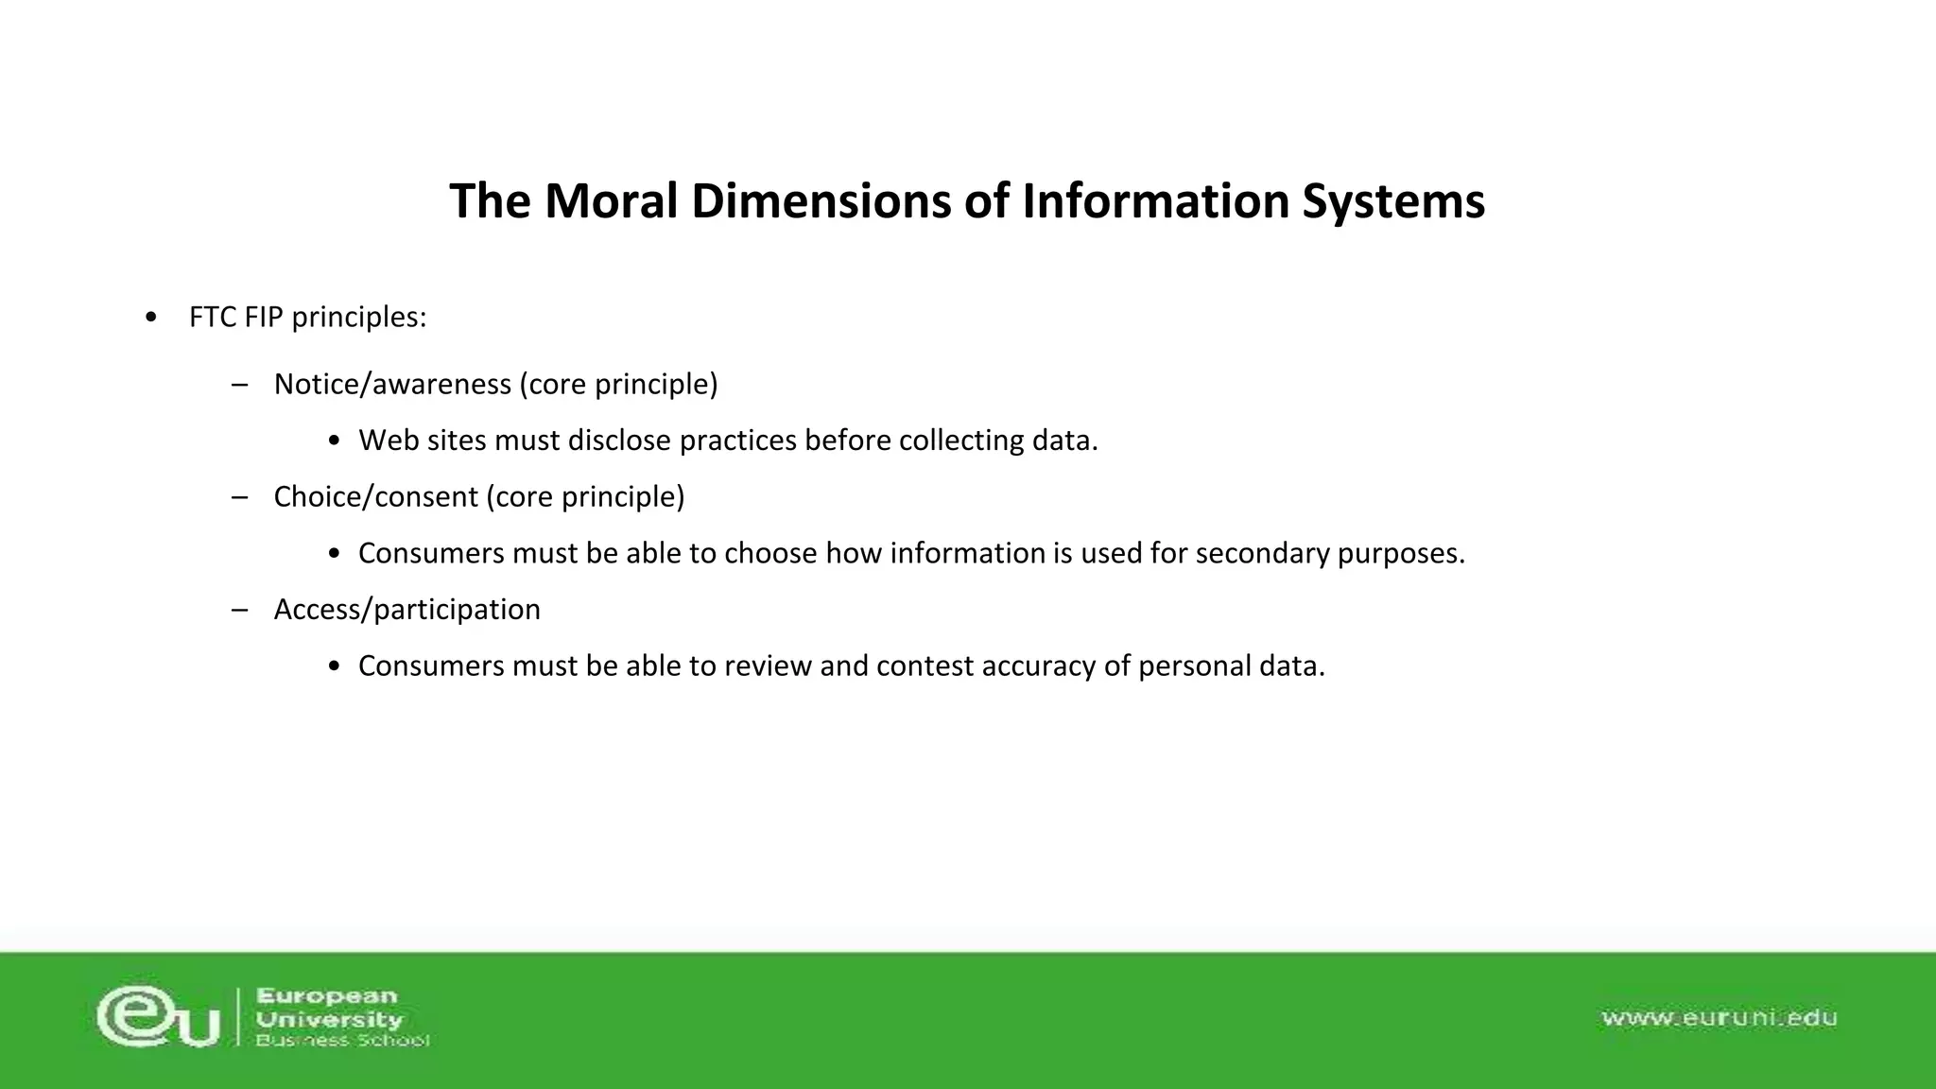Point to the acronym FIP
(x=264, y=318)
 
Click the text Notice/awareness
(x=392, y=385)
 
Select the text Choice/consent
(x=375, y=497)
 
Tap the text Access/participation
(x=406, y=610)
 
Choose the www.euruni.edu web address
(x=1719, y=1017)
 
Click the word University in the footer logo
(x=329, y=1019)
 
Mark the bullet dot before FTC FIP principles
(x=152, y=318)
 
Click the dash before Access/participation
(x=239, y=610)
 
